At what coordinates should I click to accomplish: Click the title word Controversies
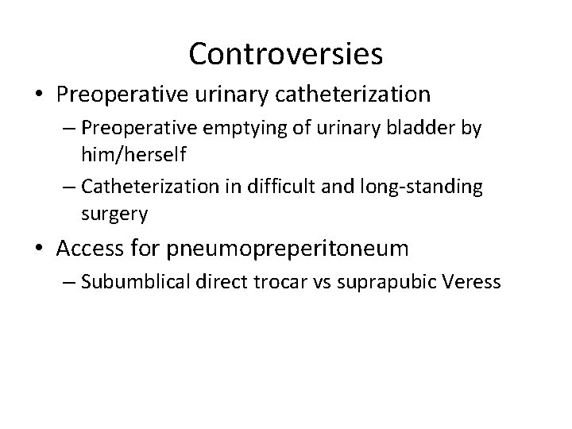click(x=286, y=54)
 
